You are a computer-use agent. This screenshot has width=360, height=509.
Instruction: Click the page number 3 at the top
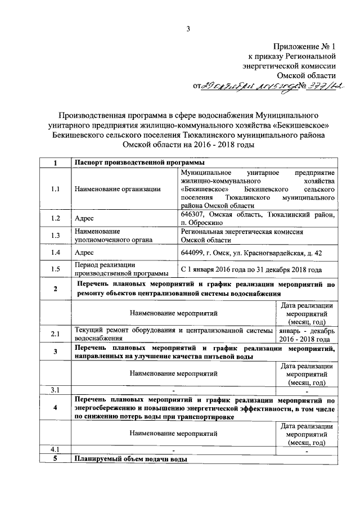pyautogui.click(x=189, y=29)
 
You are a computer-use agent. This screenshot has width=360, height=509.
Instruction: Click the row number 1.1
pyautogui.click(x=55, y=189)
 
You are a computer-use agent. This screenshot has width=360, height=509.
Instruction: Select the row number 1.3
pyautogui.click(x=55, y=236)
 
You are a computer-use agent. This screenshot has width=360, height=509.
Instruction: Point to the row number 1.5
pyautogui.click(x=55, y=269)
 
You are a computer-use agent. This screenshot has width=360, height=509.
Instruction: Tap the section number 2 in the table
pyautogui.click(x=55, y=289)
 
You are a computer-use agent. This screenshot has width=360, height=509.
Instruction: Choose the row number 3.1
pyautogui.click(x=55, y=389)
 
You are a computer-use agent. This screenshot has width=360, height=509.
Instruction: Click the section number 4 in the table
pyautogui.click(x=55, y=408)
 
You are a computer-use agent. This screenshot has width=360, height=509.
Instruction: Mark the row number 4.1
pyautogui.click(x=55, y=450)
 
